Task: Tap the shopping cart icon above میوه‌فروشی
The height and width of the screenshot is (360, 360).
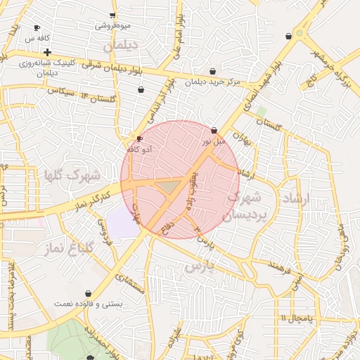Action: (112, 15)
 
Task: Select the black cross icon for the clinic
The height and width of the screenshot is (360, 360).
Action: (47, 52)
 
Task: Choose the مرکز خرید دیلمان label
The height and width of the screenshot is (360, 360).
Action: (213, 82)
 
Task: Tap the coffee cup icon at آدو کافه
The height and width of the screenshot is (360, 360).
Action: (139, 139)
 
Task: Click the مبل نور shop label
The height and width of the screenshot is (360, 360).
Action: (214, 141)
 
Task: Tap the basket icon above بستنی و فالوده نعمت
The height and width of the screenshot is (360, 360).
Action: (88, 293)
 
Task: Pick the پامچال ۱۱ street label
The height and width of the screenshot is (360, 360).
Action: (295, 318)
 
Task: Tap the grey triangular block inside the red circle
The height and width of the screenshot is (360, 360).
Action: (169, 186)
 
